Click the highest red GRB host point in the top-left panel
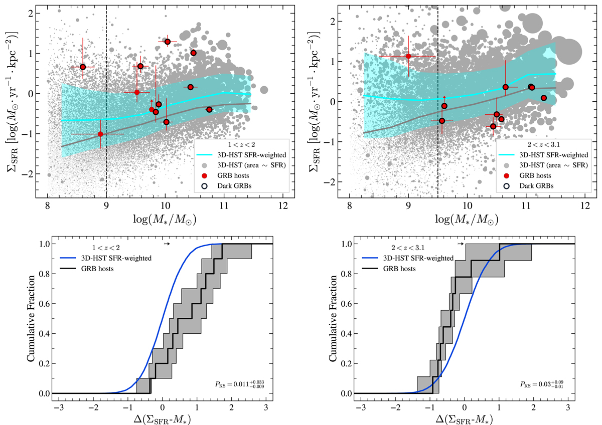[168, 42]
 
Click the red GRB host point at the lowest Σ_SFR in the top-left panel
[100, 134]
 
